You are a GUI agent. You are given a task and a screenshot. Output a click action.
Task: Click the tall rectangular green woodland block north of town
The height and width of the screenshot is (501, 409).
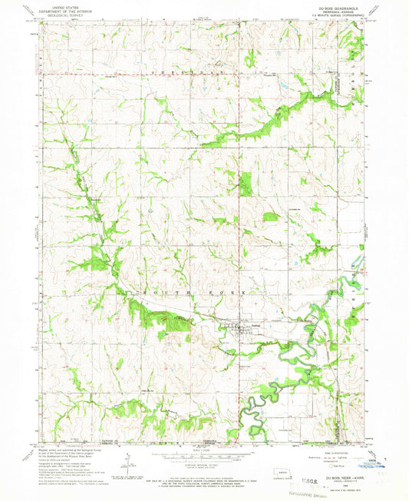tap(246, 184)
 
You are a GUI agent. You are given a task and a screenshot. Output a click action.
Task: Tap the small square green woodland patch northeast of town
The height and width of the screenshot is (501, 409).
tap(270, 217)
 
